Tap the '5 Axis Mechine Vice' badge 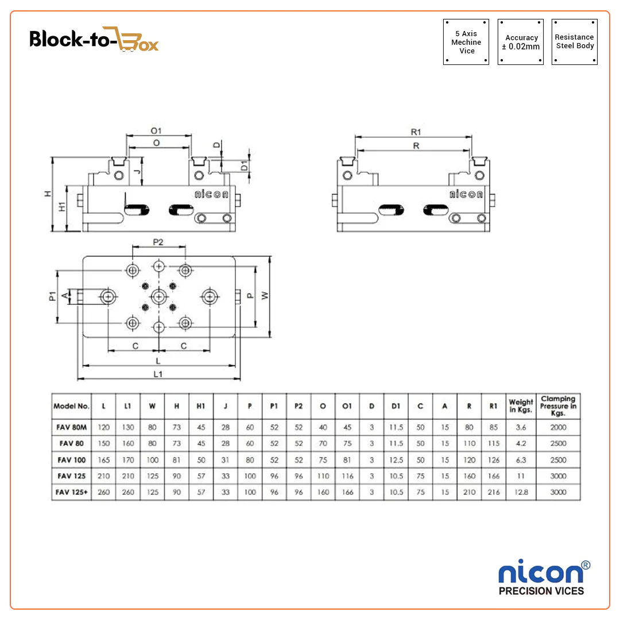(466, 42)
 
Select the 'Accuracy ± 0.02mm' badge (521, 42)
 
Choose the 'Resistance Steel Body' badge (575, 42)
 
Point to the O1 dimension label (156, 131)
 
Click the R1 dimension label (416, 132)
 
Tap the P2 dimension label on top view (158, 242)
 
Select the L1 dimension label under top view (158, 374)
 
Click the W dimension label (264, 295)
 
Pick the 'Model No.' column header (71, 406)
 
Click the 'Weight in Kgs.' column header (521, 406)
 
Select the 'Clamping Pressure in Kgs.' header (558, 406)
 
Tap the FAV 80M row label (71, 427)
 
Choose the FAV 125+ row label (71, 492)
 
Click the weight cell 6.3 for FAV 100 (521, 460)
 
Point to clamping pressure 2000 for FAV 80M (558, 427)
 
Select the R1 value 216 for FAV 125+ (493, 492)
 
